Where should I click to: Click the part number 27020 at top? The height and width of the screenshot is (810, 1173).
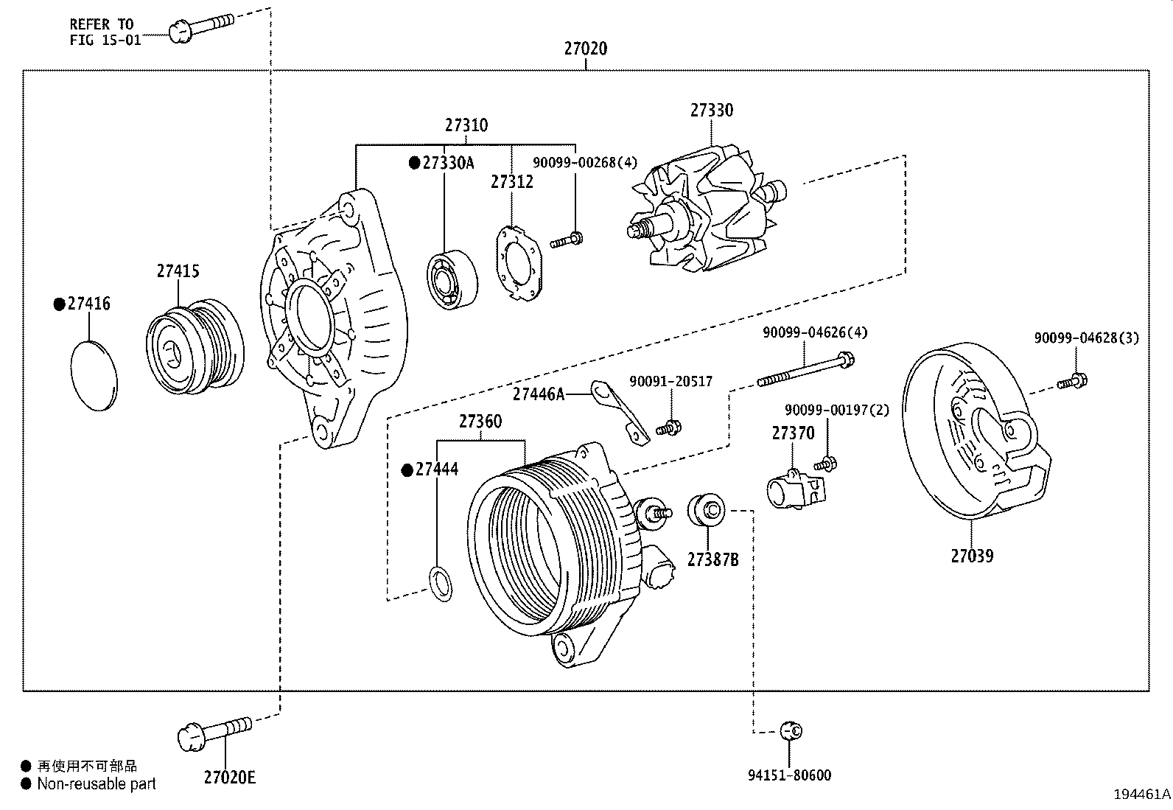click(x=586, y=49)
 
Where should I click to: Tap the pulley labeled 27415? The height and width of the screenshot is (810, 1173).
click(x=195, y=346)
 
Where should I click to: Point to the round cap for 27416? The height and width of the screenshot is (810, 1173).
click(x=94, y=374)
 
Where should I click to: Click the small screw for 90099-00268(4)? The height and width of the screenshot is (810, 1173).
click(x=567, y=239)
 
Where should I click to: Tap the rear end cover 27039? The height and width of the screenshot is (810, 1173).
click(x=973, y=435)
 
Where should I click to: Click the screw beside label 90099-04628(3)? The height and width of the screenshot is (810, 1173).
click(x=1073, y=382)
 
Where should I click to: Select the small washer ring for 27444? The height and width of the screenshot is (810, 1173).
click(x=441, y=583)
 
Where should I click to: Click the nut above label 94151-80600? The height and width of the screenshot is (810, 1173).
click(x=791, y=730)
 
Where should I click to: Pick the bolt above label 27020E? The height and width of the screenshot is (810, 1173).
click(x=214, y=730)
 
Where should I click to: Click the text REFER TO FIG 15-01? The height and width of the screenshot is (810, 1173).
click(x=104, y=32)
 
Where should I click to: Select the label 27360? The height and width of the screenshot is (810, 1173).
click(x=480, y=422)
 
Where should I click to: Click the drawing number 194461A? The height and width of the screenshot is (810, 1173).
click(x=1141, y=795)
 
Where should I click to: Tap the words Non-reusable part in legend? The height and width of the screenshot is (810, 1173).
click(x=97, y=784)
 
